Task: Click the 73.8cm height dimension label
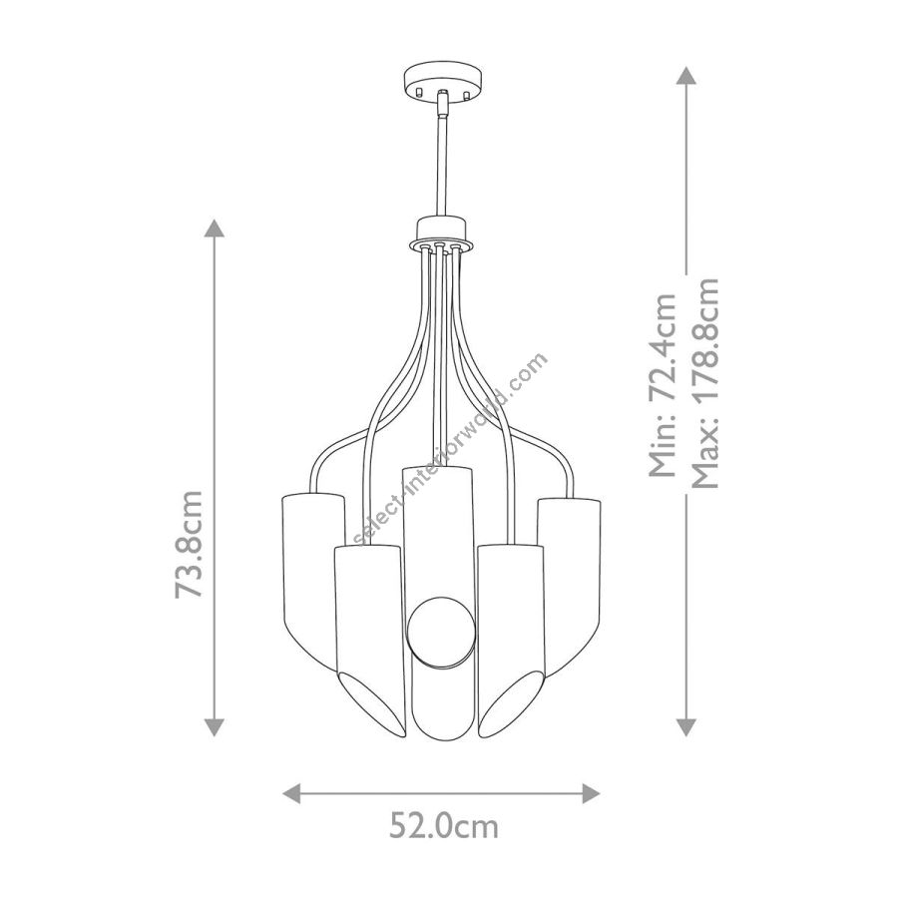[190, 545]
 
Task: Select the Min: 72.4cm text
[663, 385]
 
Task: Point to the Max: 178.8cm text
[705, 383]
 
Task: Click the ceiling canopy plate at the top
[442, 83]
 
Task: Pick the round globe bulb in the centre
[441, 632]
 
